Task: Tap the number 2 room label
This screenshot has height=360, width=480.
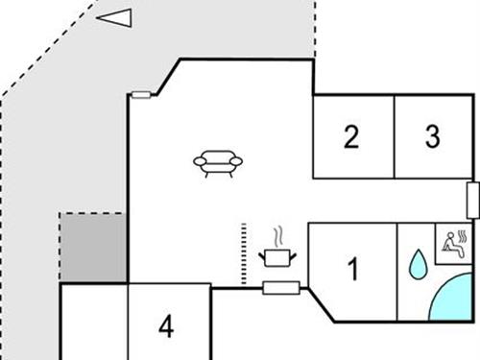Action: (351, 137)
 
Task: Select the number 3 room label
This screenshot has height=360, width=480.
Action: (433, 136)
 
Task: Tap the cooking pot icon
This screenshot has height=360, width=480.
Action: (277, 256)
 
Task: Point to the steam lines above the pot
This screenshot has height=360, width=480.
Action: (277, 235)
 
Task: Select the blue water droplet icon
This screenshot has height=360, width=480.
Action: (418, 265)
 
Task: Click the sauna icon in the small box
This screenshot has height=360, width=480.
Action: (452, 241)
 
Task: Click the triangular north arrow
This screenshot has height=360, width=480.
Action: (114, 18)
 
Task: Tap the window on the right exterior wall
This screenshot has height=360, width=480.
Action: (471, 200)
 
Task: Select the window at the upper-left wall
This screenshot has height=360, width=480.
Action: (142, 95)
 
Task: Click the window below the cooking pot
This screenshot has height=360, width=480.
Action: (281, 287)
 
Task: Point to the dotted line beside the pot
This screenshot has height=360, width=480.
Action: (244, 253)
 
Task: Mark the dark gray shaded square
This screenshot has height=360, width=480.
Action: (93, 249)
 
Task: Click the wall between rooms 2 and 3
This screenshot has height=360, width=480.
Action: (395, 136)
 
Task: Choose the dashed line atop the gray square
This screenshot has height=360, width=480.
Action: (92, 214)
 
